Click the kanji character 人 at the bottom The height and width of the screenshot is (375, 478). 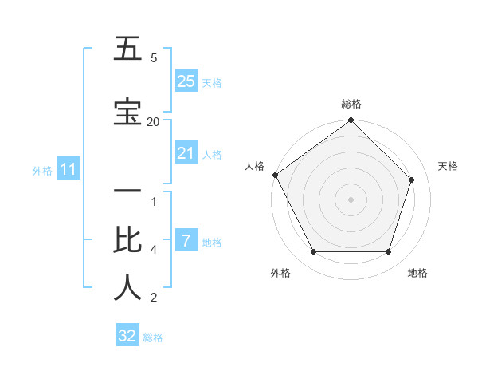[127, 287]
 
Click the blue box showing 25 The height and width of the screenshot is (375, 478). [186, 81]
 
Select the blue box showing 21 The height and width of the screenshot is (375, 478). [186, 153]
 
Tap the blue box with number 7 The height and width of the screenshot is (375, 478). [186, 241]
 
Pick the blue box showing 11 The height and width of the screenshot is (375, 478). [68, 169]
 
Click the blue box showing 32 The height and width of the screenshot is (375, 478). [127, 336]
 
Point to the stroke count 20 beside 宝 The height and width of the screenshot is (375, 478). [153, 121]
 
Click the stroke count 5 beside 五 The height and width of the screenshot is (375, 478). [154, 58]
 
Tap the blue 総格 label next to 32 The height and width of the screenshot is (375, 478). [153, 337]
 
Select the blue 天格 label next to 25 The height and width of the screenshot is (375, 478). [212, 82]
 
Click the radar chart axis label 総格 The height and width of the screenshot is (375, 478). [351, 104]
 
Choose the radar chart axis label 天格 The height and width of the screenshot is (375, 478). [448, 166]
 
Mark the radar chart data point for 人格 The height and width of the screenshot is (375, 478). [276, 175]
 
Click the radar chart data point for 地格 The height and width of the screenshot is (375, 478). [389, 252]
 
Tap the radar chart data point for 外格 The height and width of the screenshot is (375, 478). [313, 252]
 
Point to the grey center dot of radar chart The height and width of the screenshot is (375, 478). [351, 199]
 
